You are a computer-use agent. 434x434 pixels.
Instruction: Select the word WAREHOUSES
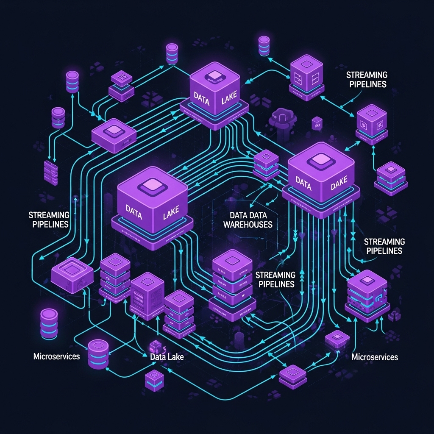(248, 224)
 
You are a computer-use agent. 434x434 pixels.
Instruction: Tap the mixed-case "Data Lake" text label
(167, 357)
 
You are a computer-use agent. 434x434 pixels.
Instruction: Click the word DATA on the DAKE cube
(303, 182)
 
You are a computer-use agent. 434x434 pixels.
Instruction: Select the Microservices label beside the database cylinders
(56, 356)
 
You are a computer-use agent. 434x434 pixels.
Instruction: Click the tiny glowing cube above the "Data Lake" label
(155, 345)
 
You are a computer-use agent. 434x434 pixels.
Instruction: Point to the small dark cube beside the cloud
(317, 123)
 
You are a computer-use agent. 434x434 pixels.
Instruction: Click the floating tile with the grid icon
(122, 78)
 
